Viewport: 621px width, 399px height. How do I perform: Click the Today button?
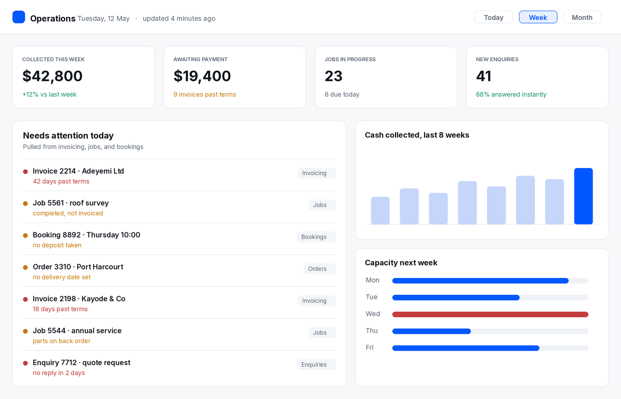[x=493, y=17]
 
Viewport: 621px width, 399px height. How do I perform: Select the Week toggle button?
[x=538, y=17]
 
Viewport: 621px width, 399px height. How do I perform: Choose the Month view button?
[x=582, y=17]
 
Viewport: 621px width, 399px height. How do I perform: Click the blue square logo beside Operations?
[x=19, y=17]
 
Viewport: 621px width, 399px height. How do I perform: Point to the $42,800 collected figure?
[x=52, y=76]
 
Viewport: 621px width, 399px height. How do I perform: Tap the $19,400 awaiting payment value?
[x=202, y=76]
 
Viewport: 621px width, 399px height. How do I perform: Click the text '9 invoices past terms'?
[x=204, y=94]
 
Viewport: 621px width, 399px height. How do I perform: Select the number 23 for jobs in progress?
[x=334, y=76]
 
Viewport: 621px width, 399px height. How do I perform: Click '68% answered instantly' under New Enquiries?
[x=511, y=94]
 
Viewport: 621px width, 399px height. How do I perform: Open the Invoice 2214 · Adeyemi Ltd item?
[x=78, y=171]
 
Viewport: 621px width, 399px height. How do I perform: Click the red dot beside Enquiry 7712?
[x=25, y=363]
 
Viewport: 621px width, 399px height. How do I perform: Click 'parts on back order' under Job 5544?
[x=62, y=341]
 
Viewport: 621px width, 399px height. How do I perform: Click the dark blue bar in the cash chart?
[x=583, y=196]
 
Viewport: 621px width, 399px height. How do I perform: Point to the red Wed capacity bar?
[x=490, y=314]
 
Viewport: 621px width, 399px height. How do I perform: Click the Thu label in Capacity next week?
[x=372, y=331]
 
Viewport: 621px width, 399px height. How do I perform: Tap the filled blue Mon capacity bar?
[x=480, y=281]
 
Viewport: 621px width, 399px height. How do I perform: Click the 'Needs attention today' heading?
[x=68, y=136]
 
